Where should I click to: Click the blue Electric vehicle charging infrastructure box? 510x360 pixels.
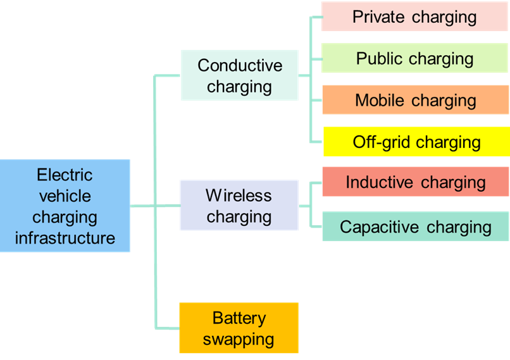coord(65,206)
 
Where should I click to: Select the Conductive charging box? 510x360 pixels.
coord(239,75)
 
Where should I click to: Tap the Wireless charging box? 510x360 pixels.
coord(239,206)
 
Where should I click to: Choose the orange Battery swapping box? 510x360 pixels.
coord(239,328)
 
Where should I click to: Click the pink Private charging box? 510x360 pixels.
coord(414,16)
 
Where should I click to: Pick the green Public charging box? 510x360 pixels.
coord(414,58)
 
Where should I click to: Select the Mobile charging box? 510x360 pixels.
coord(415,100)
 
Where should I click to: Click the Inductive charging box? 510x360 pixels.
coord(415,182)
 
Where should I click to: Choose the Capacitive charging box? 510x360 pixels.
coord(415,227)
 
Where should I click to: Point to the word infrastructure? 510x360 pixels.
coord(65,238)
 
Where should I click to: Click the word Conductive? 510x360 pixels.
coord(240,65)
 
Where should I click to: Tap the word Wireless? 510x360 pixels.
coord(239,195)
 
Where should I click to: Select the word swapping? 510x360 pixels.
coord(239,338)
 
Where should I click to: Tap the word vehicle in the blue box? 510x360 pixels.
coord(65,196)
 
